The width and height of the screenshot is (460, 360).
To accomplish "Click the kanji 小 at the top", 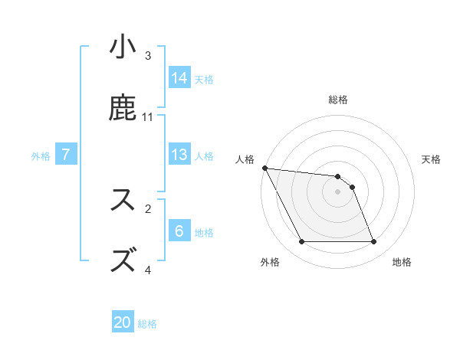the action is [x=123, y=47].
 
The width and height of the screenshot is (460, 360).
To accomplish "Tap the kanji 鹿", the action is [x=123, y=108].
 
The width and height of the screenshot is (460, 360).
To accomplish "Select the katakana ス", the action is [x=123, y=200].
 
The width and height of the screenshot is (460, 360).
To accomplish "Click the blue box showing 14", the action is [x=179, y=77].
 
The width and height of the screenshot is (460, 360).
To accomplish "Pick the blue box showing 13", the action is [x=179, y=154].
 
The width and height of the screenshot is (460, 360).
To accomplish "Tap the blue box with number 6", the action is [x=179, y=231].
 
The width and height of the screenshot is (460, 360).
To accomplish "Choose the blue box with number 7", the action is [x=66, y=154].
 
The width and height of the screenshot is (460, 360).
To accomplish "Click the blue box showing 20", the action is [x=123, y=322].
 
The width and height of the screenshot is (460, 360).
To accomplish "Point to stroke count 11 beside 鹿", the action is [x=148, y=116].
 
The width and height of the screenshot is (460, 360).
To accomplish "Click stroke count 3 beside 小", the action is [x=148, y=56].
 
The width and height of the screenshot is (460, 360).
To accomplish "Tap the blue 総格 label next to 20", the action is [x=147, y=324].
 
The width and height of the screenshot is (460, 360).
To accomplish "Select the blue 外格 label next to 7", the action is [x=41, y=156].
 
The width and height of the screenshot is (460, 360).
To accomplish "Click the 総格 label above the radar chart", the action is [x=338, y=100].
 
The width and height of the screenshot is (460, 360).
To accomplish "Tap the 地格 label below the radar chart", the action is [x=402, y=262].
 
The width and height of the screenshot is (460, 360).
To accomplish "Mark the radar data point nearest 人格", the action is [x=265, y=168].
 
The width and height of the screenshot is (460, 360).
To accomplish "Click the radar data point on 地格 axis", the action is [x=373, y=242].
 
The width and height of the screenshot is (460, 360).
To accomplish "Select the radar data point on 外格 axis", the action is [x=301, y=242].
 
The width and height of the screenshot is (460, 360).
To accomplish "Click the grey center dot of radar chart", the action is [x=337, y=191].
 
